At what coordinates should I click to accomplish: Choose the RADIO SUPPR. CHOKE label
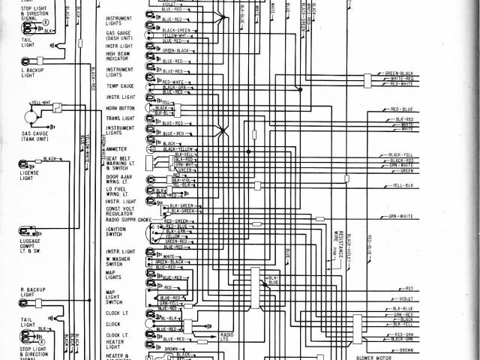(129, 220)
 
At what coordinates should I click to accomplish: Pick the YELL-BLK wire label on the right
(404, 184)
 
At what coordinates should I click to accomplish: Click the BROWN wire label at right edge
(406, 349)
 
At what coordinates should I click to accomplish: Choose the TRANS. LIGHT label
(118, 118)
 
